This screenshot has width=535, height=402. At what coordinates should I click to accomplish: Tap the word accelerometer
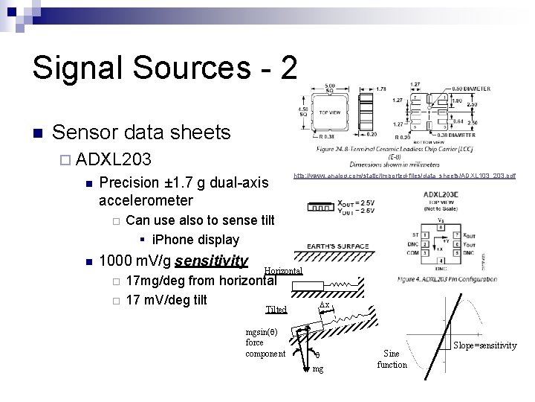coord(146,200)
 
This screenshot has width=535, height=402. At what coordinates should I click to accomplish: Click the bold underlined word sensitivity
coord(212,261)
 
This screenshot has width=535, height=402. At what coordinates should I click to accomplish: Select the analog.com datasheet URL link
coord(404,176)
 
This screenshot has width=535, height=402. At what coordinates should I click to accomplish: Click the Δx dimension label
coord(324,304)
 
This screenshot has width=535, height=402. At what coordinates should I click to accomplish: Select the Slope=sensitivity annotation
coord(486,345)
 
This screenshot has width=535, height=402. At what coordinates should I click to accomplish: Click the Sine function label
coord(392,359)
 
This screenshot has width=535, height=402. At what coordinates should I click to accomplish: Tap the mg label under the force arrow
coord(318,369)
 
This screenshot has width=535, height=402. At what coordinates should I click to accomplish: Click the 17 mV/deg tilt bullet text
coord(166,300)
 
